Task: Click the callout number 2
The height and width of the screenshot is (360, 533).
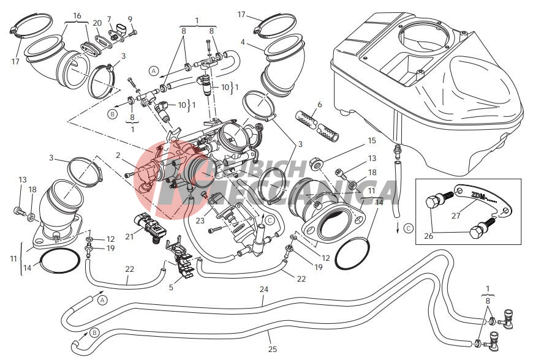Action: (x=118, y=156)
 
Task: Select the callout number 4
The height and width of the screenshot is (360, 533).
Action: (x=243, y=42)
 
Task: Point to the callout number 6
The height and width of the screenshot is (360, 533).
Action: (x=319, y=105)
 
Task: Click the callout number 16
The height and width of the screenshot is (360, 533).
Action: (x=77, y=15)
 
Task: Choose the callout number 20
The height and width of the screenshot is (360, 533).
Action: (x=97, y=23)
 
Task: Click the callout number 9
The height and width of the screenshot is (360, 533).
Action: (x=130, y=19)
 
